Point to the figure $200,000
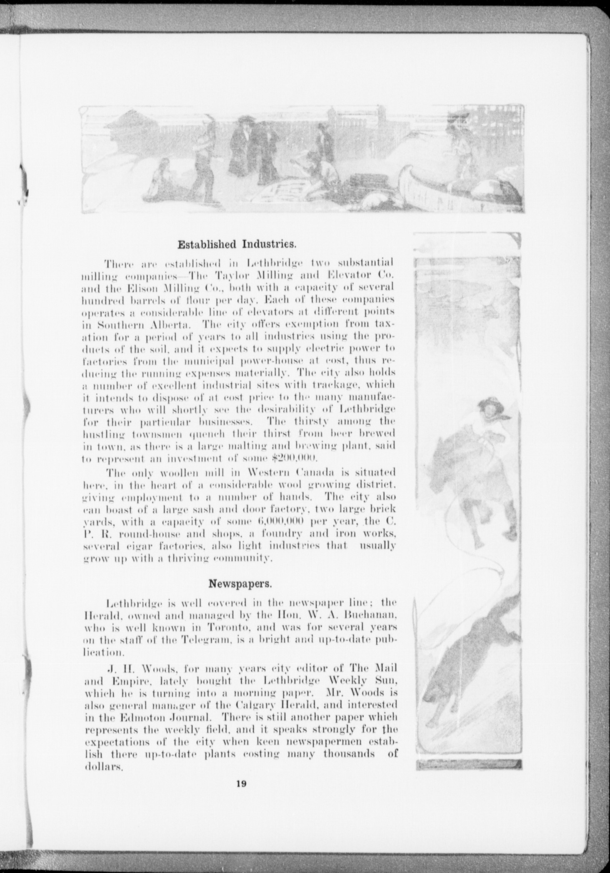[x=294, y=459]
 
